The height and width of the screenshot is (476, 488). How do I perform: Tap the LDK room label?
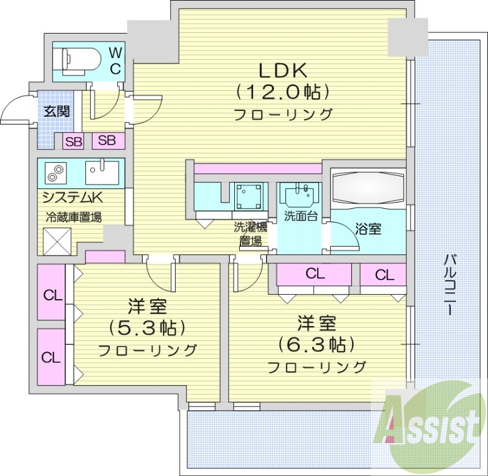(284, 68)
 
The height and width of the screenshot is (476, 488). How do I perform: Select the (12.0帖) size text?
(284, 92)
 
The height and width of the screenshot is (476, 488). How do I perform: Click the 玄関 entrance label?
(56, 111)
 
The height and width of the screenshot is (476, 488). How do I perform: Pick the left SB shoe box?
(74, 141)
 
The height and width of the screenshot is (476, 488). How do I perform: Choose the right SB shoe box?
(107, 140)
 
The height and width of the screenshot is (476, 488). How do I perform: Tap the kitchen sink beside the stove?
(101, 172)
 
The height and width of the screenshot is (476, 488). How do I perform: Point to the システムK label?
(71, 197)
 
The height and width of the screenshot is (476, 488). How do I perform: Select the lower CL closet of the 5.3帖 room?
(52, 356)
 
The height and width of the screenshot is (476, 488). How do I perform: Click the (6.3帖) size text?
(316, 345)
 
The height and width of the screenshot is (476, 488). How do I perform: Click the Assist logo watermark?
(430, 420)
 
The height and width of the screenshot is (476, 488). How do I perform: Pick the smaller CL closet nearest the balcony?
(384, 275)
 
